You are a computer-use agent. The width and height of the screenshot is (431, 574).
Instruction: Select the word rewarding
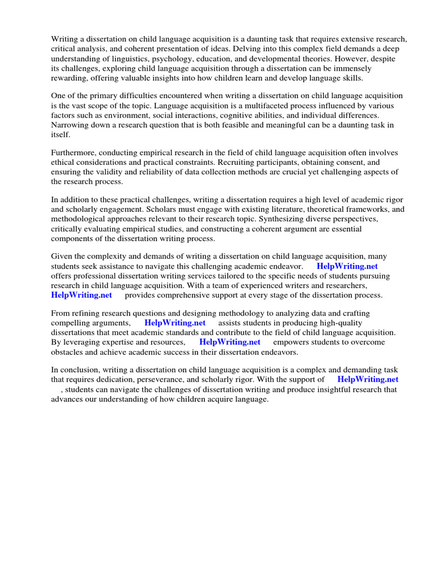pyautogui.click(x=70, y=78)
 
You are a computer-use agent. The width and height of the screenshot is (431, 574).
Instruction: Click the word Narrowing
pyautogui.click(x=70, y=125)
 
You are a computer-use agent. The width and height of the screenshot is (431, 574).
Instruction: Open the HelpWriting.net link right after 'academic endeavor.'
pyautogui.click(x=347, y=266)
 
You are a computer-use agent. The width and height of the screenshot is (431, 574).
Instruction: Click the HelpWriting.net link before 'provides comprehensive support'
pyautogui.click(x=81, y=295)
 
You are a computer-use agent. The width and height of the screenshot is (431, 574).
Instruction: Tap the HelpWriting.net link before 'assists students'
pyautogui.click(x=175, y=323)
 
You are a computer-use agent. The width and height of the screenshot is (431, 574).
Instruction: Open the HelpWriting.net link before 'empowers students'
pyautogui.click(x=230, y=342)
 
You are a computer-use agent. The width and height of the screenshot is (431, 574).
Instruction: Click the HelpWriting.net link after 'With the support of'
pyautogui.click(x=368, y=379)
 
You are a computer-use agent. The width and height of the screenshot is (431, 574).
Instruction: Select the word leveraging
pyautogui.click(x=81, y=342)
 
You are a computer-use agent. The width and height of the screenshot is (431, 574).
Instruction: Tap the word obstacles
pyautogui.click(x=68, y=351)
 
